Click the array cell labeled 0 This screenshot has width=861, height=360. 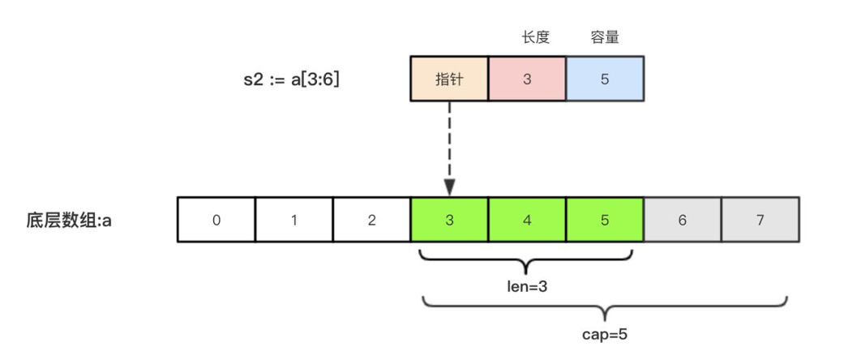pos(216,220)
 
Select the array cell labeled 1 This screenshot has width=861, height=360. pos(294,220)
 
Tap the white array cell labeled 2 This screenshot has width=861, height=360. pos(371,220)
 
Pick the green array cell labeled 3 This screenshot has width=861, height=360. pos(449,220)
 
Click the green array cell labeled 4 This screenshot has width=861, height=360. pos(527,220)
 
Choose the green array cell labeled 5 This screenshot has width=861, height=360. pos(605,220)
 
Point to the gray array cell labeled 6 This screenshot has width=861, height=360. pos(682,220)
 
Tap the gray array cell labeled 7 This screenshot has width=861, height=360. pos(760,220)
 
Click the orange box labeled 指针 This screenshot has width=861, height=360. pos(449,79)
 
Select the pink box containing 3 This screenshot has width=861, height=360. pos(527,79)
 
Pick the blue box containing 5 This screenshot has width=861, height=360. pos(605,79)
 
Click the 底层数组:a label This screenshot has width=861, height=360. pos(68,220)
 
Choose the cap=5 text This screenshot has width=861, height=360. pos(605,332)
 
